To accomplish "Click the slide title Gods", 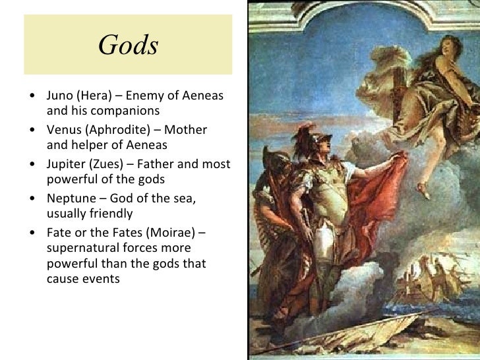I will (x=128, y=45).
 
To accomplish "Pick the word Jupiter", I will (x=67, y=165).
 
